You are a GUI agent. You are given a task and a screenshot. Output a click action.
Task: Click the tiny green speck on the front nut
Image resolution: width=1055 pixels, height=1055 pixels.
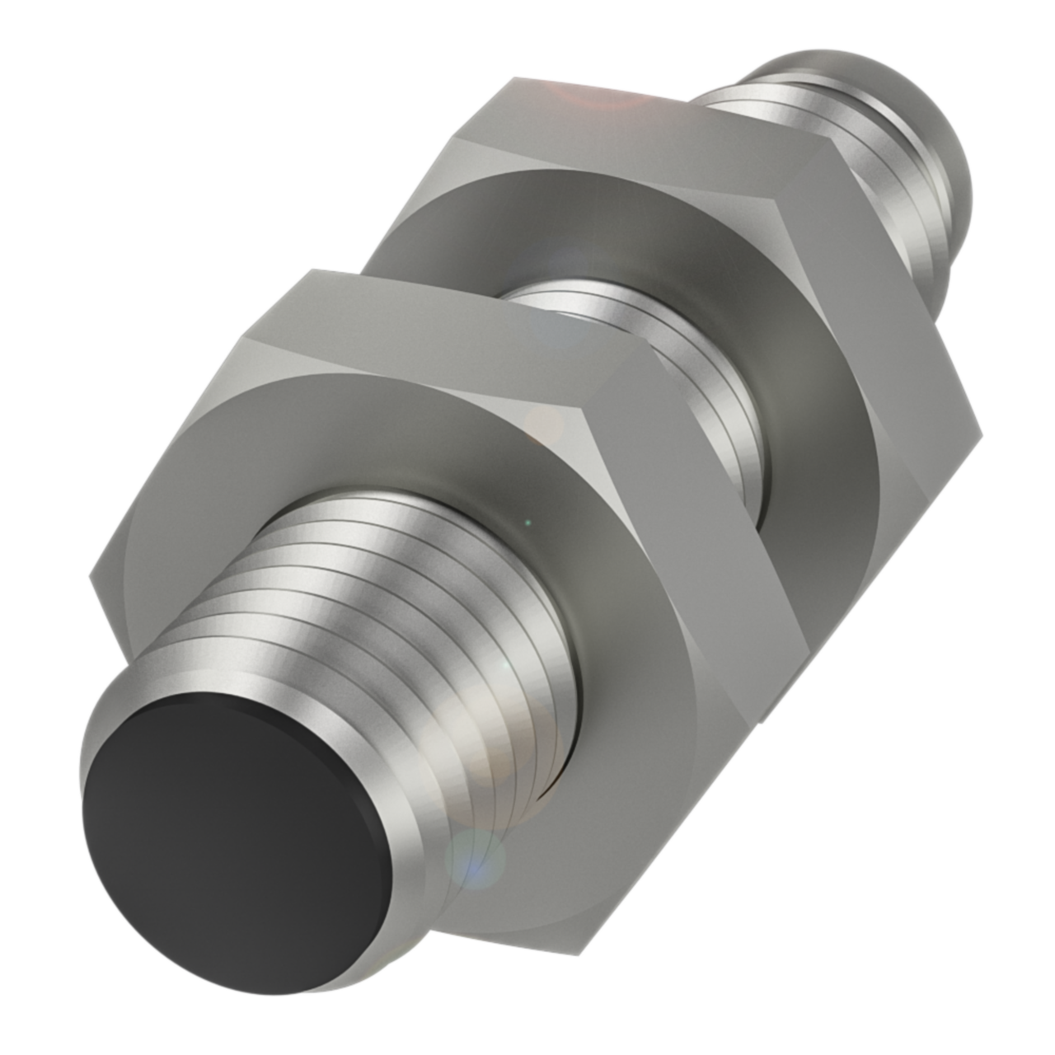coord(528,521)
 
